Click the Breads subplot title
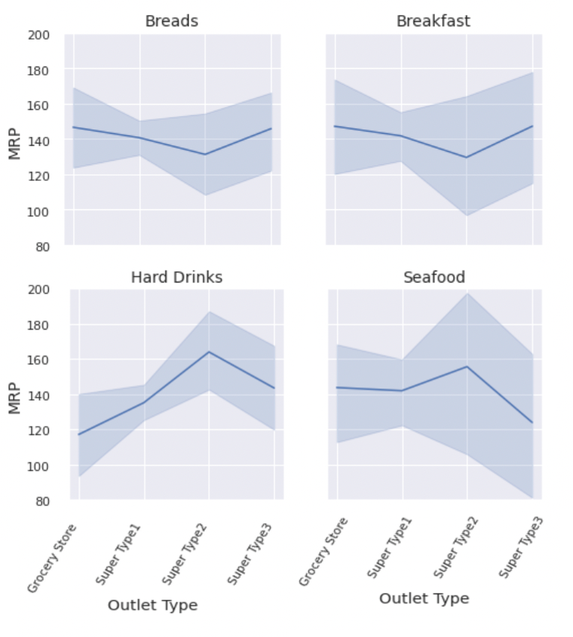(x=171, y=21)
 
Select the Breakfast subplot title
(x=433, y=21)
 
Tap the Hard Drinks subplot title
(x=177, y=277)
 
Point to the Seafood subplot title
(x=434, y=277)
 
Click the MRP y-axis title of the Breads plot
(x=14, y=141)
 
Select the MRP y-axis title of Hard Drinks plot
(x=14, y=396)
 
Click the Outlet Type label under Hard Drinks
(x=153, y=605)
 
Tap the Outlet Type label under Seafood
(x=424, y=598)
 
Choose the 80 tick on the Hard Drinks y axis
(x=43, y=501)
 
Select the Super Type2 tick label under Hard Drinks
(x=185, y=554)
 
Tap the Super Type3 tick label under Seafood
(x=521, y=548)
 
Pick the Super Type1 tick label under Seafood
(x=390, y=548)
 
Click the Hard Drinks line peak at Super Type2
(x=209, y=351)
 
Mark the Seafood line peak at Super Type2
(x=467, y=366)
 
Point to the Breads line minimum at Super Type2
(x=205, y=154)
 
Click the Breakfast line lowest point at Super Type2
(x=467, y=157)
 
